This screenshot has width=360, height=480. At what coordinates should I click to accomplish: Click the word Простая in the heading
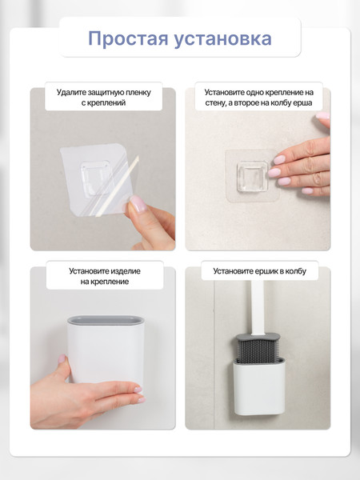coord(128,39)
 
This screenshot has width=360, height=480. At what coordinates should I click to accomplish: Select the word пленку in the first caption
coord(138,93)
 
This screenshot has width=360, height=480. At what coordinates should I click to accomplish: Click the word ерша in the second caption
coord(303,103)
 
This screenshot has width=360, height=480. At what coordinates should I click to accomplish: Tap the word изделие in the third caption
coord(126,271)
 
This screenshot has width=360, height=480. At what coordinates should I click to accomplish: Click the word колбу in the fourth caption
coord(296,271)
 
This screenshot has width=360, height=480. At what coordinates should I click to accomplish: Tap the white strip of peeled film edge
coord(118,186)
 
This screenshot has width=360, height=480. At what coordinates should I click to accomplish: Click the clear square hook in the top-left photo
coord(95,178)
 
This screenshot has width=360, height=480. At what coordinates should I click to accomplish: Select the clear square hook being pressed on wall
coord(253,177)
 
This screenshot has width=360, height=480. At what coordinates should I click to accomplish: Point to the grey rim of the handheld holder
coord(106,320)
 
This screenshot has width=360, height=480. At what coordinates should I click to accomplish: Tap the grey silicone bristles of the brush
coord(258,350)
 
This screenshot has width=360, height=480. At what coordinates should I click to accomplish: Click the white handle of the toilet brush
coord(258,307)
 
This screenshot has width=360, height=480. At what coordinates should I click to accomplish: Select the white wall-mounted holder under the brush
coord(259,386)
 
